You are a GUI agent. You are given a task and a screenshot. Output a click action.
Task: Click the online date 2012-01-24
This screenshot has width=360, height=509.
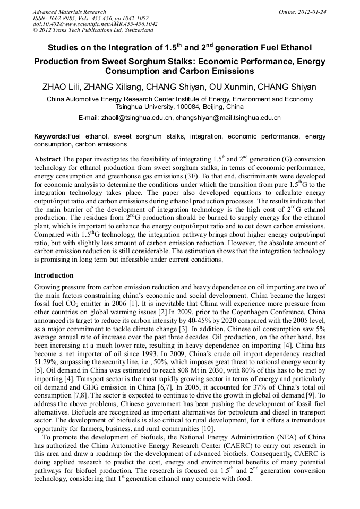tap(312, 12)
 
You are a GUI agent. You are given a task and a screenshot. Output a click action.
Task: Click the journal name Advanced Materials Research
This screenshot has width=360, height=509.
tap(69, 12)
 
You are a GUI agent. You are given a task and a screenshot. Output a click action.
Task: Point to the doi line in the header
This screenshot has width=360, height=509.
tap(95, 24)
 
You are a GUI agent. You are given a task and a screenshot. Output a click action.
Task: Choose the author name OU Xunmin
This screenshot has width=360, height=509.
tap(242, 87)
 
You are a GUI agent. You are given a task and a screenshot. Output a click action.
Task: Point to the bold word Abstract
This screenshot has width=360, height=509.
tap(48, 159)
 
